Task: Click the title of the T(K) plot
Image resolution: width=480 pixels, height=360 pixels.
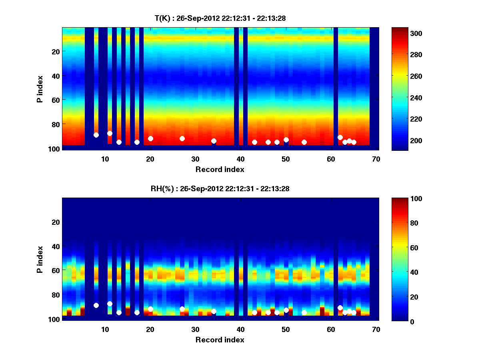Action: click(220, 18)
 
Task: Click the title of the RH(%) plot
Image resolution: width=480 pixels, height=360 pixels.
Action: click(220, 189)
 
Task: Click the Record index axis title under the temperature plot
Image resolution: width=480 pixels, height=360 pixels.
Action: click(220, 169)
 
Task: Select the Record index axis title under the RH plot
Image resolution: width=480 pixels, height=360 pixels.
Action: click(220, 340)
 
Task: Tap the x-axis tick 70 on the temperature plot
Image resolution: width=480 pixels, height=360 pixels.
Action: click(376, 158)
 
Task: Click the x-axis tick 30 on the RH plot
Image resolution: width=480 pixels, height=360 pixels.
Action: click(195, 329)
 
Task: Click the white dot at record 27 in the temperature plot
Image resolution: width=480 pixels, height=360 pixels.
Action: click(182, 138)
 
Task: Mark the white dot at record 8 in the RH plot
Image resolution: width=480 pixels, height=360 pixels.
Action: click(96, 305)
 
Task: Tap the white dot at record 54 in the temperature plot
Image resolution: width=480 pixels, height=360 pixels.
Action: click(304, 142)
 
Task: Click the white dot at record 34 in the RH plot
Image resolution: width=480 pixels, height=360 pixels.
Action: click(214, 311)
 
